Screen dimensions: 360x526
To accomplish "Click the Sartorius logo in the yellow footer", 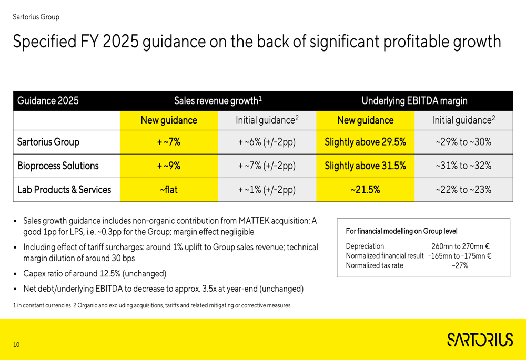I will pos(480,340).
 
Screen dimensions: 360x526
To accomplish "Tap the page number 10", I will pos(16,345).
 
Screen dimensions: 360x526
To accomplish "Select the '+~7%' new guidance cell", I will pos(168,142).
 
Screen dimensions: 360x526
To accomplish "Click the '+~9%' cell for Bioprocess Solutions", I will pos(168,166).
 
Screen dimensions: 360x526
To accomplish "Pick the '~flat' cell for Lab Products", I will pos(168,190).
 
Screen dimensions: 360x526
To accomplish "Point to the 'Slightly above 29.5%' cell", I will pos(365,142).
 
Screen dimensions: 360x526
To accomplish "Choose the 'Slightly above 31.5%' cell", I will pos(365,166).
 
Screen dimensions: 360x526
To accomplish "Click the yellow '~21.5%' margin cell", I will pos(365,190).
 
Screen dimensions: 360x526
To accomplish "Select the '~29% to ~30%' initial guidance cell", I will pos(463,142).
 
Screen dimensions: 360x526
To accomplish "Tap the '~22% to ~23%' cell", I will pos(463,190).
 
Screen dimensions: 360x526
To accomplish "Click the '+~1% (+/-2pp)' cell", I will pos(267,190).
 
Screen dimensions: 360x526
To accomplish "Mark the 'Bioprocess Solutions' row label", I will pos(58,166).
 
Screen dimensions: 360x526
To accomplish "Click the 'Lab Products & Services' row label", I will pos(64,190).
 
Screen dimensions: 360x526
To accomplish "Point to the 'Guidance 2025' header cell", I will pos(48,101).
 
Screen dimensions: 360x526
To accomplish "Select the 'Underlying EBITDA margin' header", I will pos(414,101).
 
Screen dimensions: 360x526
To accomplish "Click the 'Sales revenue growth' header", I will pos(218,101).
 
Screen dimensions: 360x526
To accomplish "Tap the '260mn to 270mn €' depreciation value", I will pos(461,246).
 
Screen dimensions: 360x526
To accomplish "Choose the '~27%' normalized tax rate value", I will pos(460,265).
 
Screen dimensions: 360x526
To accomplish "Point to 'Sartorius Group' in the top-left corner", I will pos(36,17).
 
